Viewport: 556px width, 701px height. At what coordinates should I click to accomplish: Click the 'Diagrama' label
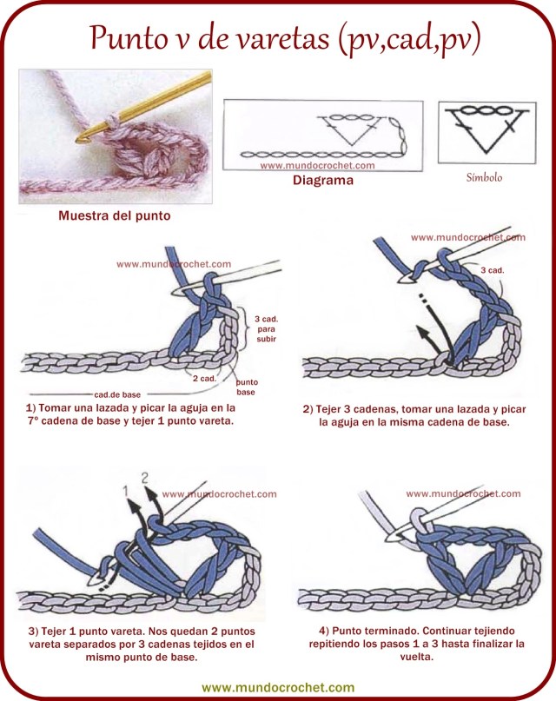point(322,181)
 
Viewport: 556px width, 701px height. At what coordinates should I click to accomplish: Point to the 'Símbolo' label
point(484,177)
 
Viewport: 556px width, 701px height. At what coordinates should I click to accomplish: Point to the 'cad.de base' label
point(117,393)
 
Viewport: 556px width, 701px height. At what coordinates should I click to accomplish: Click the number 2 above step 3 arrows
point(144,477)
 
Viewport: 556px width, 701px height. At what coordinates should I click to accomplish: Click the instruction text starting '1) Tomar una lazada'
point(131,413)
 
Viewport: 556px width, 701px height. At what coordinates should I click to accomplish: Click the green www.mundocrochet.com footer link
point(278,686)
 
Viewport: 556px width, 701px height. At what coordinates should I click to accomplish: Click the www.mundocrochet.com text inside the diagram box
point(317,165)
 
